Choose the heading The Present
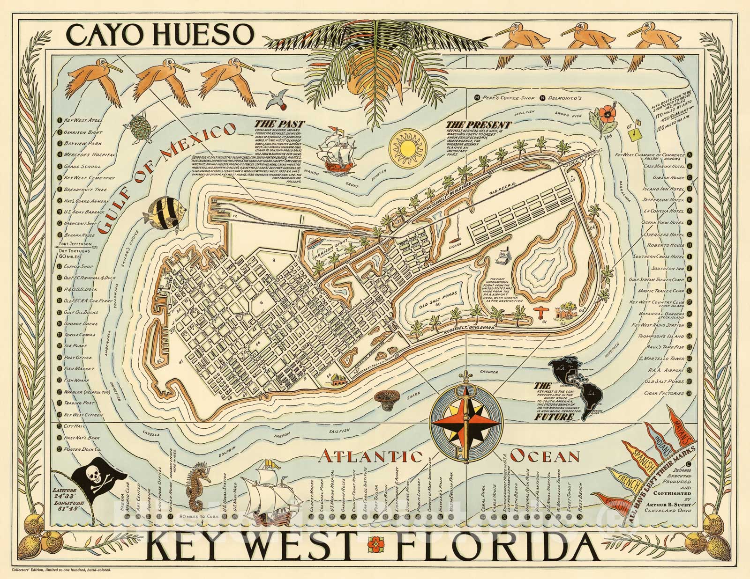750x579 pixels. tap(478, 125)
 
